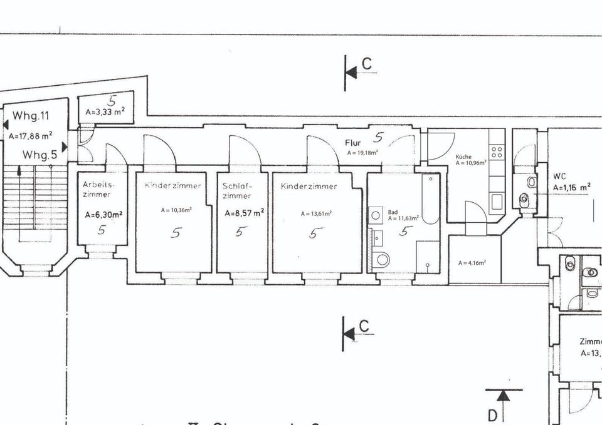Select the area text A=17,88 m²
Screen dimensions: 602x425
30,135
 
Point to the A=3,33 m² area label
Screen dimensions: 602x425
105,112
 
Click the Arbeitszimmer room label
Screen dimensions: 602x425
97,190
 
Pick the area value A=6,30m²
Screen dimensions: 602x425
103,214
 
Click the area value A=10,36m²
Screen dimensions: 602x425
176,210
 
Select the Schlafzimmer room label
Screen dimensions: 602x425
237,191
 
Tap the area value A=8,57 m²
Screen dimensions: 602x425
244,213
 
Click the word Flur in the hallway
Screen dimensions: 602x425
353,143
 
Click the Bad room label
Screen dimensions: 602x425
393,212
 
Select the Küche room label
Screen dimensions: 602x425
463,157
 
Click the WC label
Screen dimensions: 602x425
559,176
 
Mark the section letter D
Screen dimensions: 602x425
493,414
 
